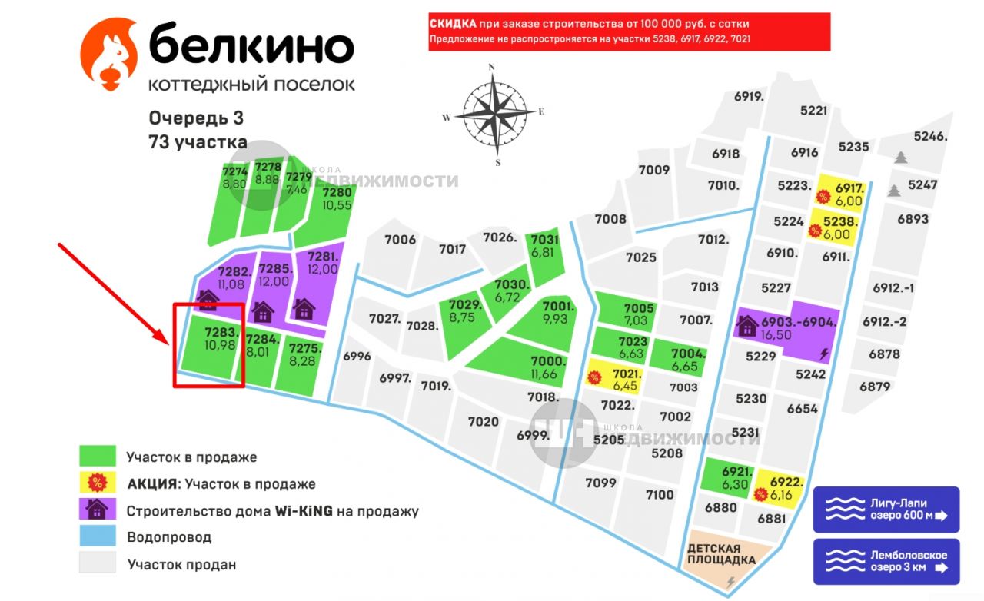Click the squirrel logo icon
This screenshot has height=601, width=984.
pyautogui.click(x=110, y=55)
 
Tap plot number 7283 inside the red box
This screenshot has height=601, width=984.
pyautogui.click(x=220, y=339)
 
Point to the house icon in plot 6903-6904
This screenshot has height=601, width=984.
pyautogui.click(x=746, y=326)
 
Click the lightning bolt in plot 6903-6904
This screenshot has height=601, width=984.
pyautogui.click(x=825, y=354)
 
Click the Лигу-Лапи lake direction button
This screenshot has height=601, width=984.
pyautogui.click(x=886, y=510)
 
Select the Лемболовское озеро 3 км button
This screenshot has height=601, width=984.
pyautogui.click(x=886, y=562)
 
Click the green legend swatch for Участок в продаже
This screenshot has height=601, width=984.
pyautogui.click(x=98, y=457)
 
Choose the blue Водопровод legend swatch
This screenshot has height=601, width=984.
pyautogui.click(x=98, y=536)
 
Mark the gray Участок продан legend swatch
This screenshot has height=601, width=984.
pyautogui.click(x=98, y=563)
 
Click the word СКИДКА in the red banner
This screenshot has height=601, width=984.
pyautogui.click(x=453, y=25)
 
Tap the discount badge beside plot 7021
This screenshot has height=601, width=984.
pyautogui.click(x=593, y=377)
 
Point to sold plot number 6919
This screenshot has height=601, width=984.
pyautogui.click(x=749, y=97)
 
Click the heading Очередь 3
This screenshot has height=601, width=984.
pyautogui.click(x=196, y=118)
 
